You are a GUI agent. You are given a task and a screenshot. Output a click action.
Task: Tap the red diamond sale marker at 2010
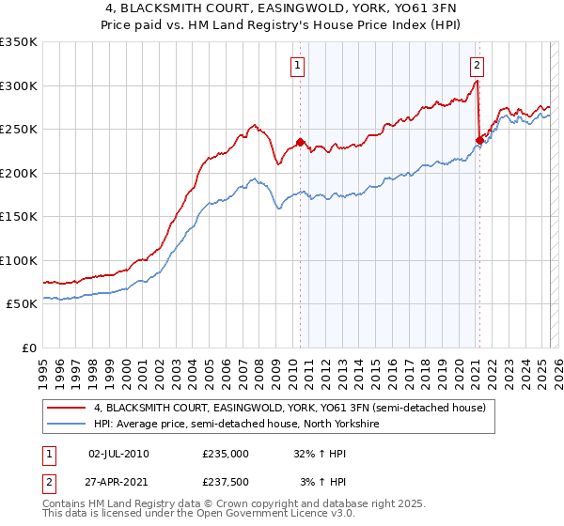[x=301, y=143]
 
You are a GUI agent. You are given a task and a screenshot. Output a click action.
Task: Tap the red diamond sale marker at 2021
[x=479, y=141]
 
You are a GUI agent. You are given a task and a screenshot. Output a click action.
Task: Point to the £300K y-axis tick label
[x=19, y=85]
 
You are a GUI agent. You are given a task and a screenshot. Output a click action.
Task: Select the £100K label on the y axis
[x=19, y=260]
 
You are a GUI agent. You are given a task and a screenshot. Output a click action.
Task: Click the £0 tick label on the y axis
[x=28, y=348]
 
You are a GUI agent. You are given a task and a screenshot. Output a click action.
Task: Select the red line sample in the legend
[x=66, y=409]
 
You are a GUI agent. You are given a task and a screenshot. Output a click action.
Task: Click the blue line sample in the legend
[x=66, y=425]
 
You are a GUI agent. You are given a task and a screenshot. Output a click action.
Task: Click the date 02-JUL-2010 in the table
[x=118, y=453]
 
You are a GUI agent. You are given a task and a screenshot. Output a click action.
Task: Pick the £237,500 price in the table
[x=226, y=482]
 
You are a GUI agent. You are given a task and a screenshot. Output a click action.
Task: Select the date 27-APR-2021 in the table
[x=118, y=482]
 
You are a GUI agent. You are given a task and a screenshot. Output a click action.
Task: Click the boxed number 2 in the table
[x=48, y=482]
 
